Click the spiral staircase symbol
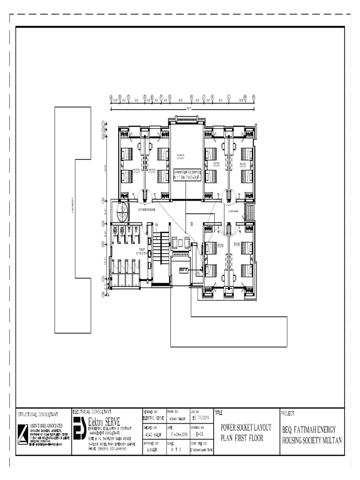123,212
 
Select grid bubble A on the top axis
111,97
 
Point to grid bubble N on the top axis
254,97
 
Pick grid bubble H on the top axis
192,97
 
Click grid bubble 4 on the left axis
103,200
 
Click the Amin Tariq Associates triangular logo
23,433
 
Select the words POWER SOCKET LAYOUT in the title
246,429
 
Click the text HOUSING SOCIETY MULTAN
312,440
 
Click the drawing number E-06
200,434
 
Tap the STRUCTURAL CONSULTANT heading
37,414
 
